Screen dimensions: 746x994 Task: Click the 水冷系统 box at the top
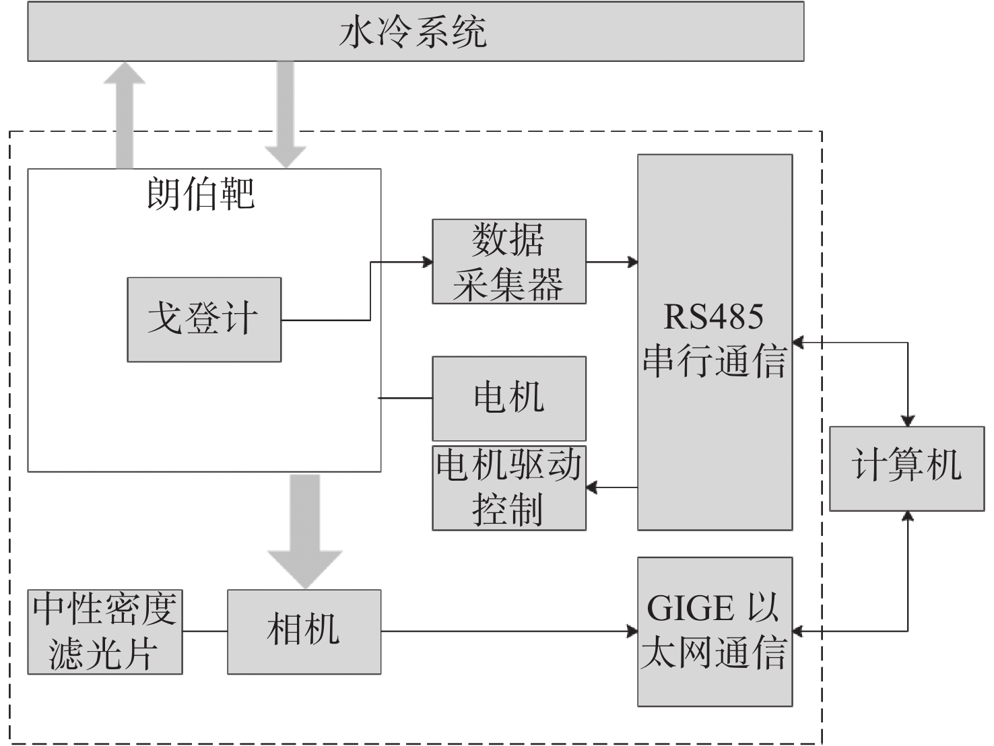coord(416,32)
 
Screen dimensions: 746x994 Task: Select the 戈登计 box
coord(204,319)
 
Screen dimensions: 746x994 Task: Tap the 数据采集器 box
coord(508,261)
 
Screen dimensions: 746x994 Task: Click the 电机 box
coord(508,398)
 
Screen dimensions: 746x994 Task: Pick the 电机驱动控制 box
coord(508,487)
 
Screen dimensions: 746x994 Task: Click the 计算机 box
coord(906,468)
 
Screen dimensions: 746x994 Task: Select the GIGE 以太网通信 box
coord(715,631)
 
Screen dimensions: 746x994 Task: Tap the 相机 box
coord(304,632)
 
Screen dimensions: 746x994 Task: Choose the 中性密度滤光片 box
coord(105,632)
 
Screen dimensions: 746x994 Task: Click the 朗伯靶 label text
coord(201,194)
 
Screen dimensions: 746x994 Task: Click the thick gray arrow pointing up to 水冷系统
coord(124,114)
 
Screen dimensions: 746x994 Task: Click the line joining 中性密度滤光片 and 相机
coord(205,632)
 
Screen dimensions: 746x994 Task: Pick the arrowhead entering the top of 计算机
coord(908,420)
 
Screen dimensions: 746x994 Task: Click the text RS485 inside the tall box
coord(714,316)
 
